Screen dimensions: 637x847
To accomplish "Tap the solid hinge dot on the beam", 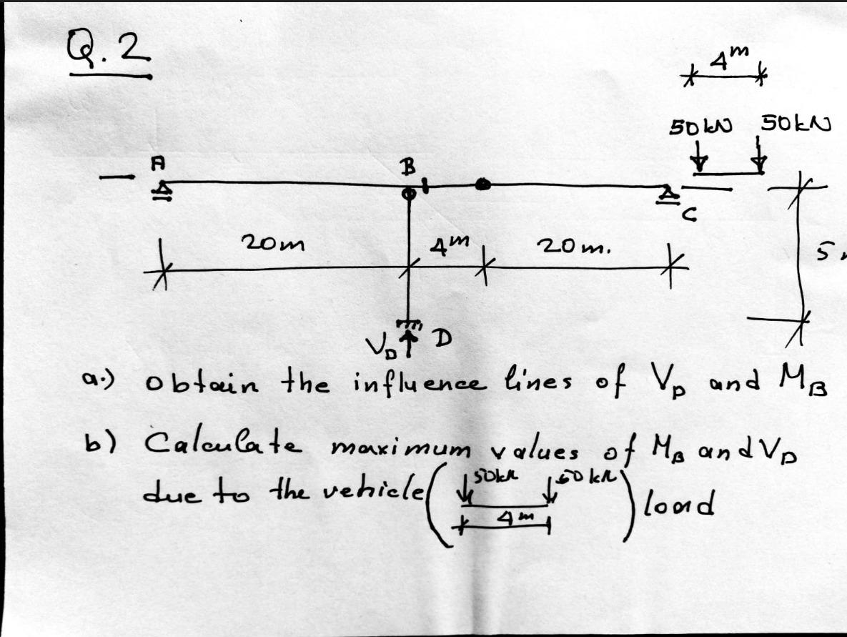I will tap(483, 185).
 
